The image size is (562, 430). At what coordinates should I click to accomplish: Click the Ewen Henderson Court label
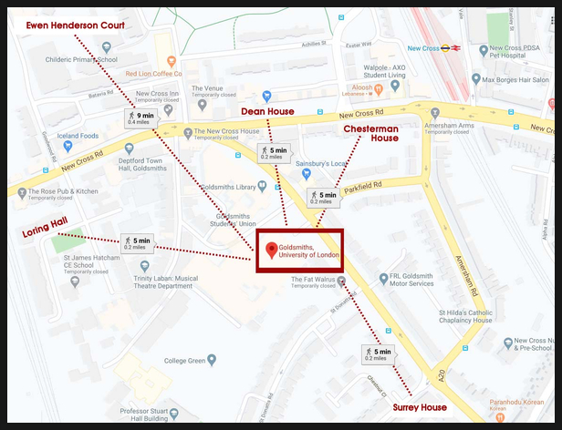point(75,26)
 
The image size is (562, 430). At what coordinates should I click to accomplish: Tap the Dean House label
point(266,111)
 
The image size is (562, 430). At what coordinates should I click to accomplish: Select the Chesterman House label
point(371,134)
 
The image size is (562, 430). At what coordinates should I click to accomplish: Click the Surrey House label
point(420,407)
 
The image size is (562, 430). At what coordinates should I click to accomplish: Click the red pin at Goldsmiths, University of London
point(270,251)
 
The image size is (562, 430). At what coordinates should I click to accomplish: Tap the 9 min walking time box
point(141,118)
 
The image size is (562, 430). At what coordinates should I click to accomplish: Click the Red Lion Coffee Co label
point(153,73)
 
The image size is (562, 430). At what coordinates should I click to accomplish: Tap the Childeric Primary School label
point(82,60)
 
